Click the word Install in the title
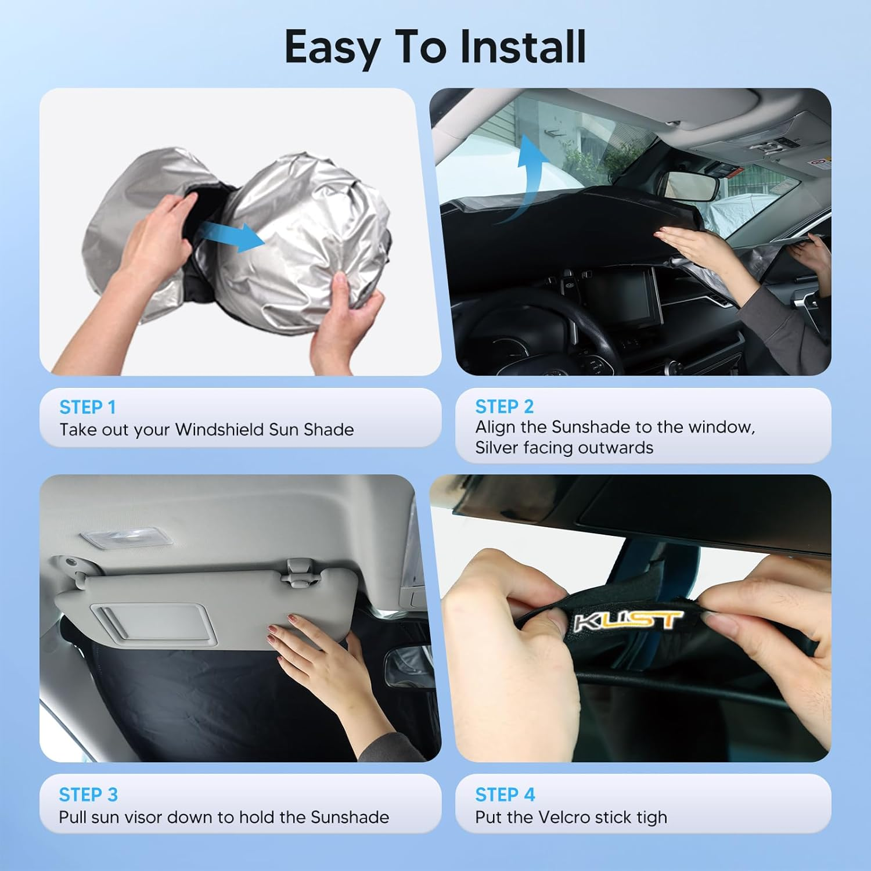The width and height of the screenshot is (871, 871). click(522, 47)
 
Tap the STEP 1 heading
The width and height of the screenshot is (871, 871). click(88, 408)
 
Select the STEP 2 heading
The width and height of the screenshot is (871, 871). click(504, 406)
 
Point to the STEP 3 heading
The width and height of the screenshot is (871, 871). click(88, 794)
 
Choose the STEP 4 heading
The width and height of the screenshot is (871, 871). click(505, 794)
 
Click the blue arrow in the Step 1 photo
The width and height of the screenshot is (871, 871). click(232, 235)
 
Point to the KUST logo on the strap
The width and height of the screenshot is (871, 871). click(627, 620)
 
